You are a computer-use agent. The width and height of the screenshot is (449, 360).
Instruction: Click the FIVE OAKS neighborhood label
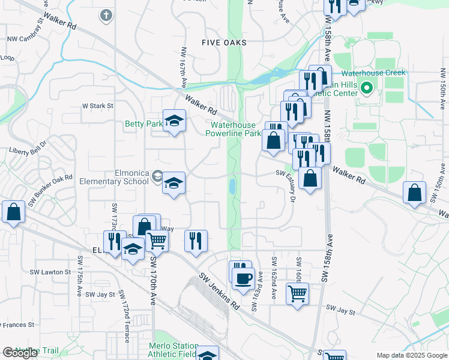click(x=223, y=43)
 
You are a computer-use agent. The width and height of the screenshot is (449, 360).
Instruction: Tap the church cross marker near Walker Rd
click(x=106, y=15)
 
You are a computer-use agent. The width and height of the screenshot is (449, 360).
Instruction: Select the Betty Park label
click(x=143, y=124)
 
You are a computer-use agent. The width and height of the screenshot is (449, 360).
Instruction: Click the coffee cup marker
click(x=243, y=279)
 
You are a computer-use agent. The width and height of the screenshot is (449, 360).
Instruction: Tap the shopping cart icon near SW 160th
click(x=297, y=293)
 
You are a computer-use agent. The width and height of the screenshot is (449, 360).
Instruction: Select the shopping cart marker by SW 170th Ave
click(x=157, y=241)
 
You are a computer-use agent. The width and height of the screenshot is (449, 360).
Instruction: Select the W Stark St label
click(x=97, y=106)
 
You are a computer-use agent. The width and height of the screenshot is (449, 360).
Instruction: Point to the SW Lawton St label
click(x=56, y=272)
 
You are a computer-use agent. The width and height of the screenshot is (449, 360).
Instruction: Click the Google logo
click(x=20, y=352)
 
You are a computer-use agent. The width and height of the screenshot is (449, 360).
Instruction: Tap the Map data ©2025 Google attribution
click(x=411, y=355)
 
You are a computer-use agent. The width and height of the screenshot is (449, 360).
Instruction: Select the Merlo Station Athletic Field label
click(x=173, y=350)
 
